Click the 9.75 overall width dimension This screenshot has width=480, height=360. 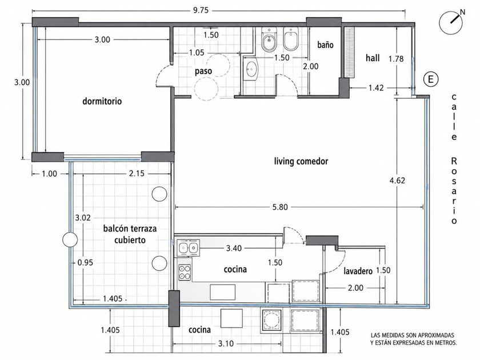tap(201, 10)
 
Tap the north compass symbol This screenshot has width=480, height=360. tap(451, 23)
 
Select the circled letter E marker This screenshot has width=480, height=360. tap(431, 79)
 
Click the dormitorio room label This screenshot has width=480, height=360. tap(102, 101)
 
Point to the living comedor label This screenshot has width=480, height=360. tap(301, 161)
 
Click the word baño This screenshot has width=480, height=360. tap(325, 45)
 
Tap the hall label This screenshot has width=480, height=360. tap(373, 58)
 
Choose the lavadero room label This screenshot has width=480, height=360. tap(358, 271)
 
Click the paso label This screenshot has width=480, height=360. tap(203, 71)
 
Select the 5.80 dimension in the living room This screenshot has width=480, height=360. tap(280, 207)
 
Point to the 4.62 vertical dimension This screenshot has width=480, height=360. tap(397, 181)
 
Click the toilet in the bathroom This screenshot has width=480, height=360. tap(269, 39)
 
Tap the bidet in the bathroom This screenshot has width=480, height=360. tap(290, 38)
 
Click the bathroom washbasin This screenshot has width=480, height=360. tap(251, 69)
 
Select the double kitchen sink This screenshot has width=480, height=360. tap(188, 248)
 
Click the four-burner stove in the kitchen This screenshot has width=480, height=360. tap(185, 273)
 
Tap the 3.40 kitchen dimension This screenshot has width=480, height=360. tap(234, 248)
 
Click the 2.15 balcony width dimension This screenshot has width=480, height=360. tap(137, 174)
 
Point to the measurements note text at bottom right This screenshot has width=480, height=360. tap(413, 339)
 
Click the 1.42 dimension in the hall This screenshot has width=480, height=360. tap(376, 88)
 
